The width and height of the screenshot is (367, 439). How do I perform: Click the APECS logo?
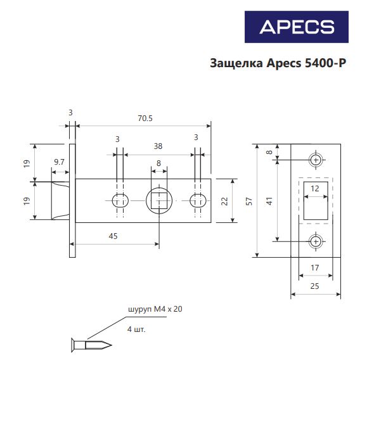tap(297, 27)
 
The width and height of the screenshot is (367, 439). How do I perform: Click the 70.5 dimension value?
tap(145, 118)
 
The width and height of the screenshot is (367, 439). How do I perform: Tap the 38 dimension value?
tap(158, 146)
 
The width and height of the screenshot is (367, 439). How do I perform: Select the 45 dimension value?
tap(113, 236)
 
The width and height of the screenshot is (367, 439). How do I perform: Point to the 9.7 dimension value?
tap(59, 162)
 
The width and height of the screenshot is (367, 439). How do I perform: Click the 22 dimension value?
tap(224, 201)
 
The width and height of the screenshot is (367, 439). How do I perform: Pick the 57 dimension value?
tap(249, 201)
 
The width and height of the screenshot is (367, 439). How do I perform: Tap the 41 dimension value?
tap(269, 201)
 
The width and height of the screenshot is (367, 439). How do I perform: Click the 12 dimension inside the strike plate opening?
tap(315, 188)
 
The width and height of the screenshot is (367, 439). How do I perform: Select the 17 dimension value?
tap(315, 268)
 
